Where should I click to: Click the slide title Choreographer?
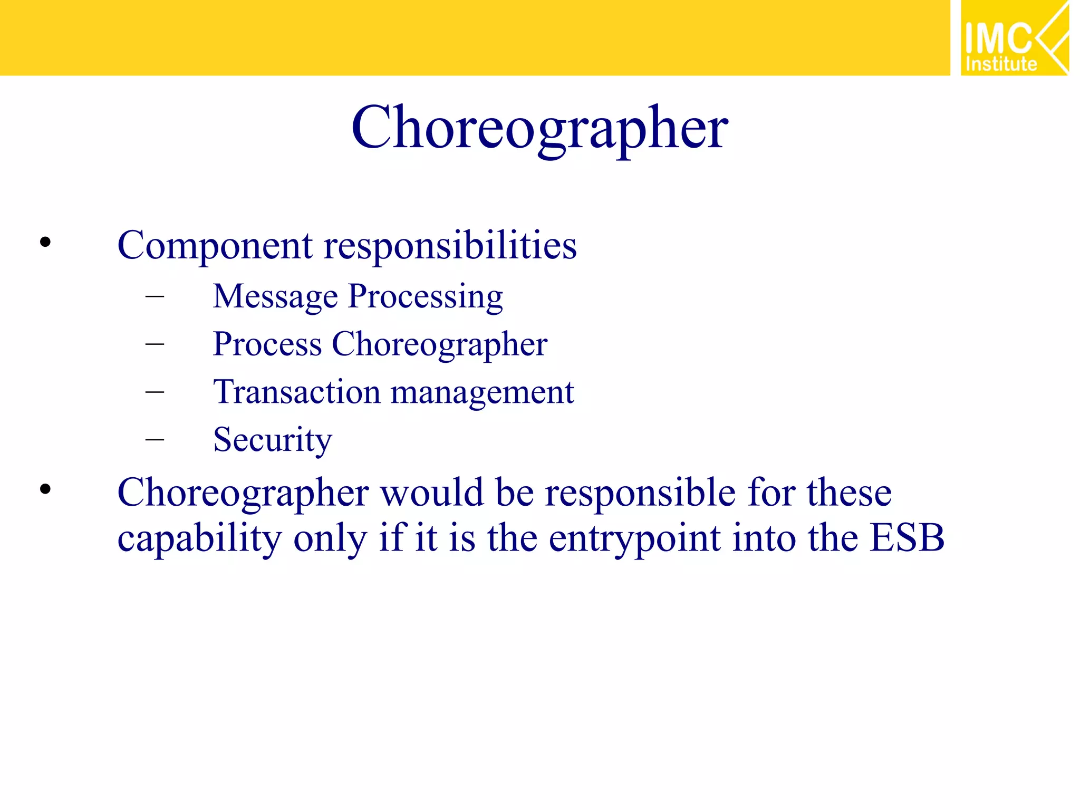539,128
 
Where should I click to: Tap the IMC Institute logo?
1014,38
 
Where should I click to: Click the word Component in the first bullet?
215,246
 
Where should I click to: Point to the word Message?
275,296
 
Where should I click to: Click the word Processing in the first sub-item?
425,296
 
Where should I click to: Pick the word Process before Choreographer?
267,344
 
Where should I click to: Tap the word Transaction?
296,392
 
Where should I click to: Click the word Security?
272,440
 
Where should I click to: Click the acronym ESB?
907,538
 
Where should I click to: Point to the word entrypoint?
634,539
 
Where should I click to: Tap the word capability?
199,539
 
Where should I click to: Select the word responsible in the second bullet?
640,493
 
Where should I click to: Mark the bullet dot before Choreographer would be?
45,489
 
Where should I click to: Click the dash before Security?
155,439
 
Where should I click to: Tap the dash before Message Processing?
155,296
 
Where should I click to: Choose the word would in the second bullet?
432,493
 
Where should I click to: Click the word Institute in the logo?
1001,64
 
